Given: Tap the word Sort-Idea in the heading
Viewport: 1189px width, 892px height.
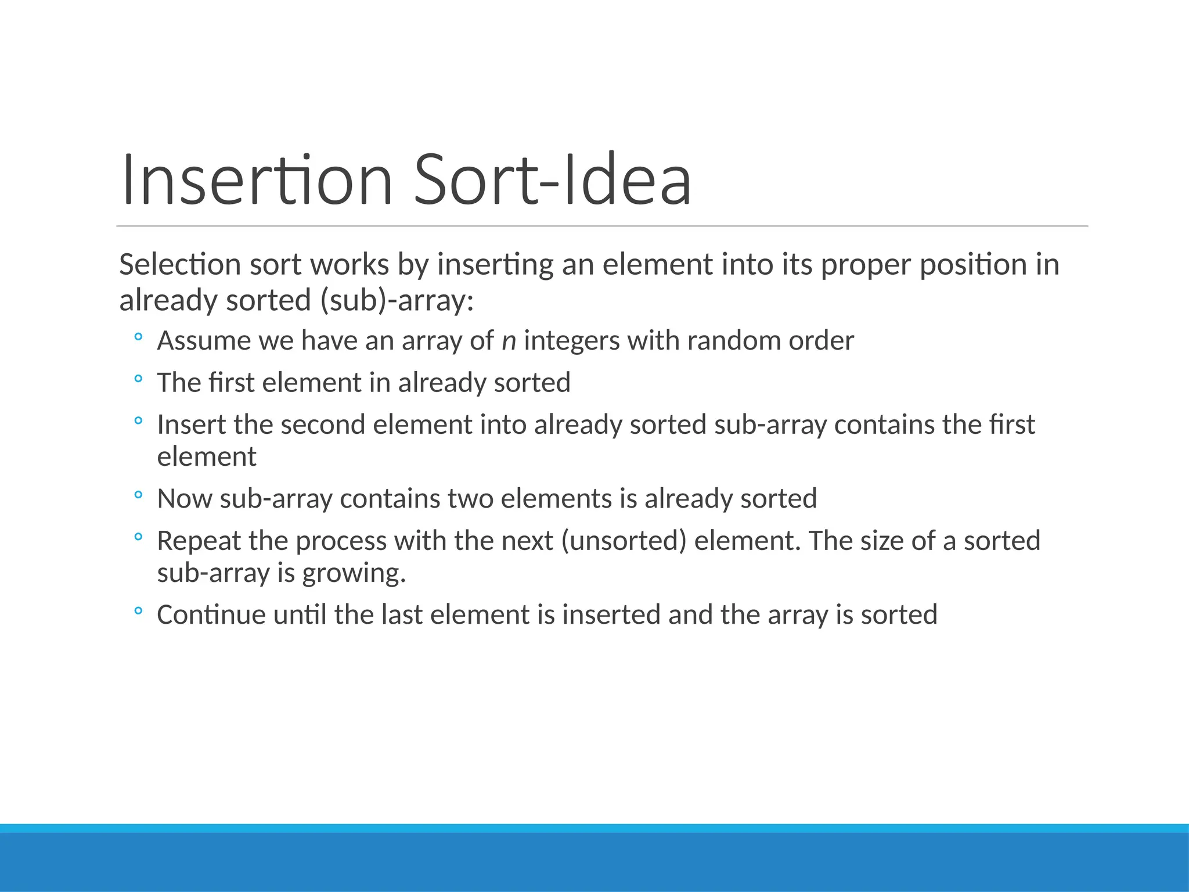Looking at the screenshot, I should (x=552, y=179).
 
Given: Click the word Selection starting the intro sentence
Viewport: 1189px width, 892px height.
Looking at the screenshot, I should (x=179, y=265).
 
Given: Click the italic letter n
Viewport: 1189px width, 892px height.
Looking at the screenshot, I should (x=509, y=341).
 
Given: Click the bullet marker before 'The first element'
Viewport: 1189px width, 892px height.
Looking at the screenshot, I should (x=138, y=379).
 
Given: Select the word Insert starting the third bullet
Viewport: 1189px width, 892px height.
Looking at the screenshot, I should (x=192, y=425).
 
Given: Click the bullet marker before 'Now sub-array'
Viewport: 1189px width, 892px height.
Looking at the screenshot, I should (x=138, y=495).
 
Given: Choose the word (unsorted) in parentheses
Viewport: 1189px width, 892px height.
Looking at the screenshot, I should (x=624, y=541).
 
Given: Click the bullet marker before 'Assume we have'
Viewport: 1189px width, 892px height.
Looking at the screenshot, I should (x=138, y=337).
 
